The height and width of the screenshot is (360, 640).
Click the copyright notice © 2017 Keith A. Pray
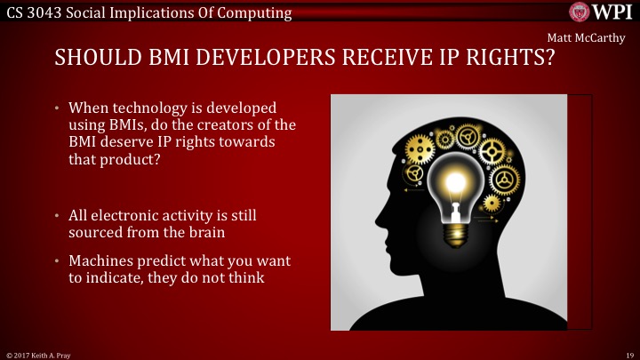(x=41, y=354)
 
